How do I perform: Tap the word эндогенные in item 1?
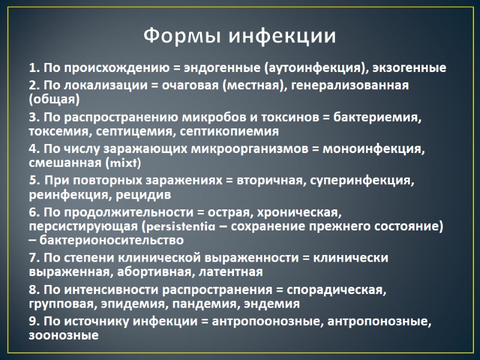(224, 68)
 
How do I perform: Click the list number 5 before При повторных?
(33, 180)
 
